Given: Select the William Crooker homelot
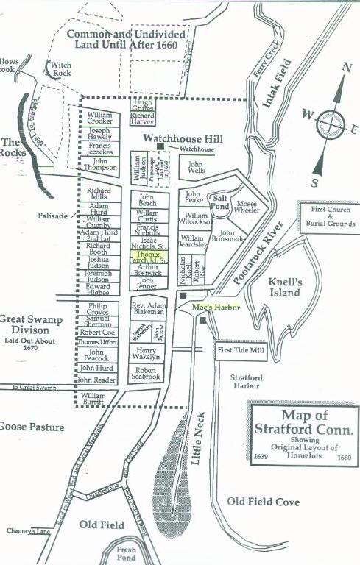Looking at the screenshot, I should (x=100, y=119).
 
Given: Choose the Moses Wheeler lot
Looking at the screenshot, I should (x=248, y=206).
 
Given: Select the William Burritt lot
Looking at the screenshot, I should (x=98, y=399).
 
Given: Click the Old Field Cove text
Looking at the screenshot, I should (x=263, y=502).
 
